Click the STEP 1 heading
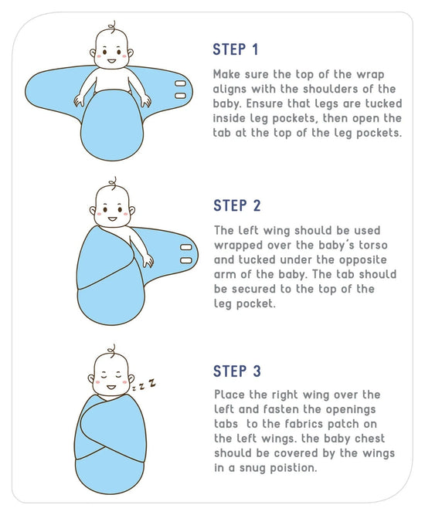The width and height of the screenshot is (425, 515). tap(236, 50)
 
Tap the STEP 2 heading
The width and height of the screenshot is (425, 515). tap(237, 205)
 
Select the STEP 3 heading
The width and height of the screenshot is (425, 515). tap(237, 371)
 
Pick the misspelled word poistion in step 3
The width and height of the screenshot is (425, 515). tap(291, 468)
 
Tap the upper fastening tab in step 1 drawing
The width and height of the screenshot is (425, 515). tap(180, 82)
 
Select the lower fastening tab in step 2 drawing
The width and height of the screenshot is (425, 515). tap(185, 261)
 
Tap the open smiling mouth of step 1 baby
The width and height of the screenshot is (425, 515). tap(113, 61)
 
